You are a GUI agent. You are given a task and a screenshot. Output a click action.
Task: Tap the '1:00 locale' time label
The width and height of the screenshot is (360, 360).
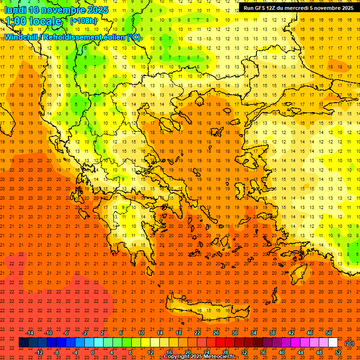[34, 21]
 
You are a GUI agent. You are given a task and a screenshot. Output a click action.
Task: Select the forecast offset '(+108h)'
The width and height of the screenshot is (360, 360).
[83, 21]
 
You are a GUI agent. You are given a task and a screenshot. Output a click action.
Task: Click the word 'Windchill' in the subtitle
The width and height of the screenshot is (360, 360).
[22, 37]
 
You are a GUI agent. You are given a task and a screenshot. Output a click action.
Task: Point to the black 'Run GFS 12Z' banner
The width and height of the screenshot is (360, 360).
[299, 7]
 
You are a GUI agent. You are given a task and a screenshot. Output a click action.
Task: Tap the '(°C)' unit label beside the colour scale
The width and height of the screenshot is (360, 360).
[349, 343]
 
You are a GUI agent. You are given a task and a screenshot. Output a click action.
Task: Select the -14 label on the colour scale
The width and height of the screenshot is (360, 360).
[30, 333]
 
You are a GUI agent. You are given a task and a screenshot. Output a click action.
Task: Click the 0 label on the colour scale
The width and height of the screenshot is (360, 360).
[93, 352]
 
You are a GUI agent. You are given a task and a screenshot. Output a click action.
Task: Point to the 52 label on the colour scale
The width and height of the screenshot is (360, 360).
[338, 352]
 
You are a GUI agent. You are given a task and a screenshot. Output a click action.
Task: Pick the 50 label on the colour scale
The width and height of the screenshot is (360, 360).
[329, 333]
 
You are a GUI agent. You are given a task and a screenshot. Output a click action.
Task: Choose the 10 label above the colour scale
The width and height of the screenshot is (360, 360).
[141, 333]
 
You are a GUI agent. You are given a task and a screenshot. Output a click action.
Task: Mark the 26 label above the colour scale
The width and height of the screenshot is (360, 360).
[216, 333]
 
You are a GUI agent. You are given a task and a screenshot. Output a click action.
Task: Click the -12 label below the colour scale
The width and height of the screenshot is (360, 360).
[39, 352]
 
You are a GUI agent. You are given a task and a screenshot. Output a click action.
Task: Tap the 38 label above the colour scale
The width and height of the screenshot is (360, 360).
[272, 333]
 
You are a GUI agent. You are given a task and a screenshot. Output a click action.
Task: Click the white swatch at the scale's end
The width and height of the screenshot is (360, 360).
[333, 343]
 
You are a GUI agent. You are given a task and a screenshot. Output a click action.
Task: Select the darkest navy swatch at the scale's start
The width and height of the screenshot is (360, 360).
[23, 343]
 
